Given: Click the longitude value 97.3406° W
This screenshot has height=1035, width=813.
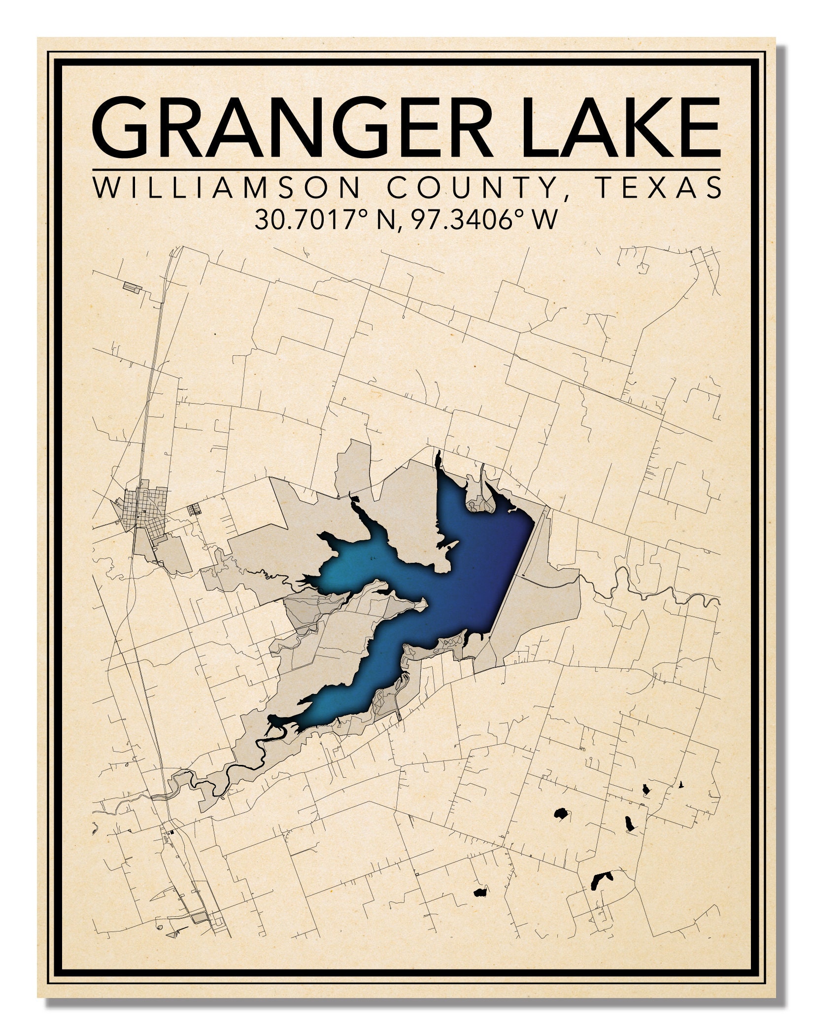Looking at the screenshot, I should coord(485,220).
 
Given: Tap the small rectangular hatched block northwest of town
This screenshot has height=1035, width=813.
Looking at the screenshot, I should coord(132,287).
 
